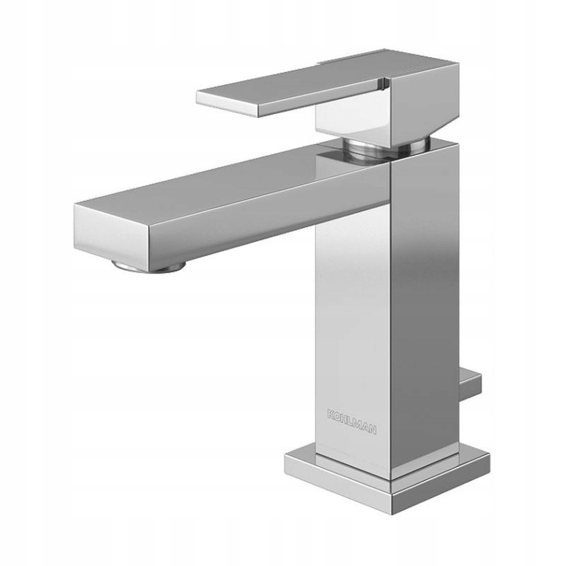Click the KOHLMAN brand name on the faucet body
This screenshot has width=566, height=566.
point(352,421)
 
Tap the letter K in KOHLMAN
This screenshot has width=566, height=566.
point(331,414)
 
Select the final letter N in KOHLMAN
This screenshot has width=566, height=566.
point(373,429)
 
